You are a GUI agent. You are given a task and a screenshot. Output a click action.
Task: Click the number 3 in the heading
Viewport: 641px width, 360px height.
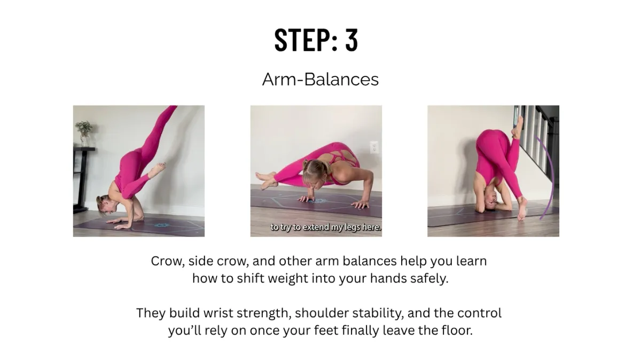[351, 40]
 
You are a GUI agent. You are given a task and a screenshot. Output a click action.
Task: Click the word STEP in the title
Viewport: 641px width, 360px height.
[303, 40]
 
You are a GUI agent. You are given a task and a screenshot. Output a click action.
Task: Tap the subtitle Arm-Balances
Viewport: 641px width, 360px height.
[320, 79]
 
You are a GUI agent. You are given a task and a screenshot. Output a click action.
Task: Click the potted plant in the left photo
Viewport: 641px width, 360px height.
[83, 134]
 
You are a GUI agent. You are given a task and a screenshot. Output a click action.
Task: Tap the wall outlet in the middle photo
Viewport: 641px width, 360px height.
[374, 147]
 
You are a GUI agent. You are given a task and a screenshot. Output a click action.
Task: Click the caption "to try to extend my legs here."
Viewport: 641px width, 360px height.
[326, 227]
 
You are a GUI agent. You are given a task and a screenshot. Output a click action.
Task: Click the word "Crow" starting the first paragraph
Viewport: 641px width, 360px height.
[168, 261]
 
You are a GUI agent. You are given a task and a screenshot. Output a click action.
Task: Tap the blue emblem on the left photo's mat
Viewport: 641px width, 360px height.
[161, 225]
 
